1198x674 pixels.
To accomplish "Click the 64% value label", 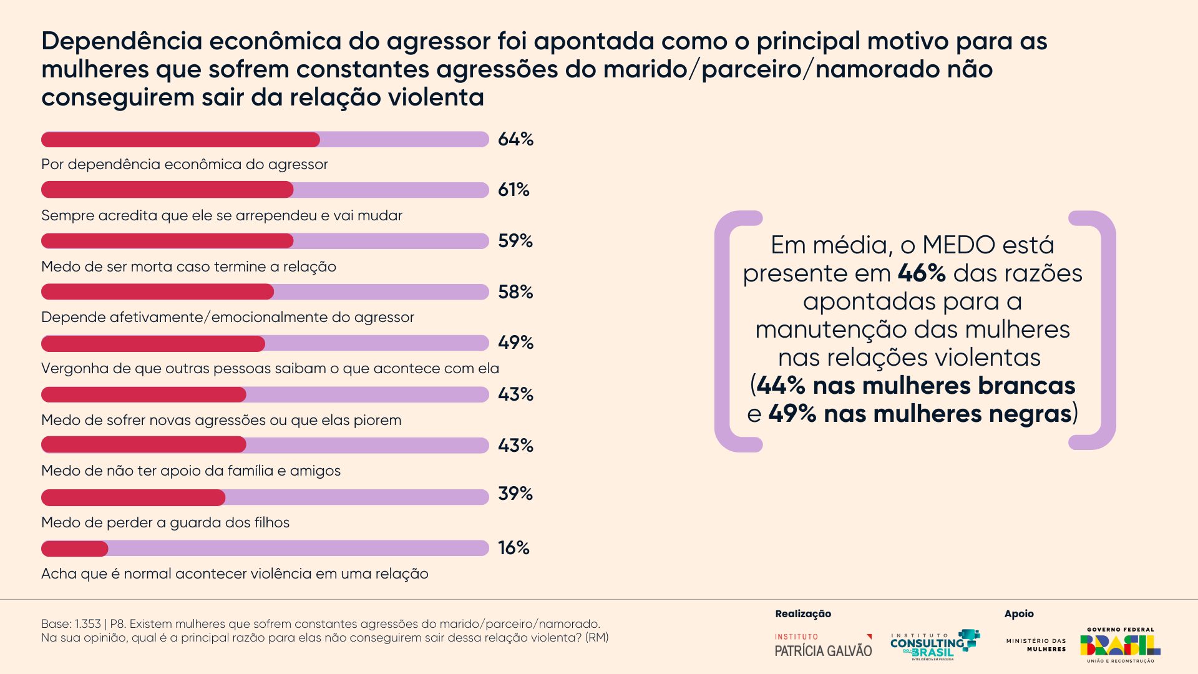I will [x=515, y=139].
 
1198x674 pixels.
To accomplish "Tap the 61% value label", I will [x=514, y=190].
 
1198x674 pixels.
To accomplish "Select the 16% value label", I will [x=514, y=548].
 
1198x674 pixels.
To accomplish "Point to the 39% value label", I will [x=515, y=494].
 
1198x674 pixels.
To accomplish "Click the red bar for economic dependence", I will [x=180, y=140].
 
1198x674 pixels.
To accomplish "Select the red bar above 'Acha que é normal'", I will [x=75, y=549].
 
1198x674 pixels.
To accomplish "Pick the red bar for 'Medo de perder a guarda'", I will [x=133, y=497].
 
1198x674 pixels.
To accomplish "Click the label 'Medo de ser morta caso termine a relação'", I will [x=188, y=267].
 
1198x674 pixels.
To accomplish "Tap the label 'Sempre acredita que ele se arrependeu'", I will [x=222, y=216].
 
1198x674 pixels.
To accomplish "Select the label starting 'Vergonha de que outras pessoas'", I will [x=270, y=369].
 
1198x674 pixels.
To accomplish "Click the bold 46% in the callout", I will [x=922, y=273].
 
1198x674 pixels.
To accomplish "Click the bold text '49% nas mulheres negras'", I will [x=920, y=414].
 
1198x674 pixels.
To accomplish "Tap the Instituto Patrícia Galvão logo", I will [x=823, y=645].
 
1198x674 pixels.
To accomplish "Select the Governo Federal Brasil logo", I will [x=1120, y=645].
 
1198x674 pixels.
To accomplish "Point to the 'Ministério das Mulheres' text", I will [x=1036, y=645].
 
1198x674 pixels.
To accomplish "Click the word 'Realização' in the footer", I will [x=803, y=614].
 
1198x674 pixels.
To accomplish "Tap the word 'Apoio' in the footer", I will [x=1019, y=614].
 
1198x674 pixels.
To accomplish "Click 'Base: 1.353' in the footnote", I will [x=71, y=624].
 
